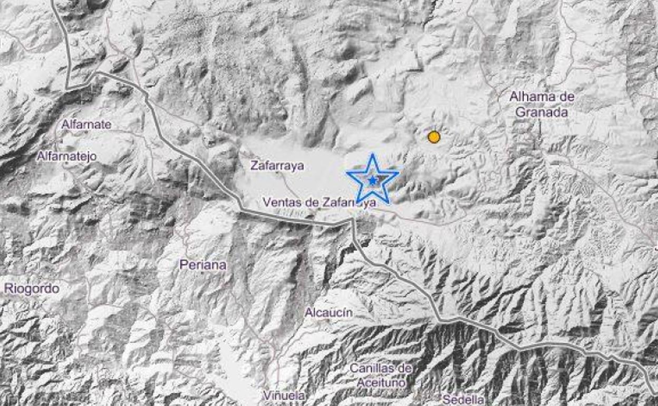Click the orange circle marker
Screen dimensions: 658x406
(x=434, y=137)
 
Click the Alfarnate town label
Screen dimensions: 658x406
(x=86, y=124)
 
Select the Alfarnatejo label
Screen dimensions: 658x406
(x=66, y=156)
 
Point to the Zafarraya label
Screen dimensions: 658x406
(x=277, y=166)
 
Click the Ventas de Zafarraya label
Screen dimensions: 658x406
(x=319, y=202)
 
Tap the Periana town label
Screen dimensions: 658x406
(x=203, y=265)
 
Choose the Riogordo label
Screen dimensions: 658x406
(x=32, y=288)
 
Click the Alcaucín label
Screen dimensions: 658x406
(x=328, y=313)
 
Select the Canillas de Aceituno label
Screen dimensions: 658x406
(x=381, y=375)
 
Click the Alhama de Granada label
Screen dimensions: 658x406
(x=541, y=104)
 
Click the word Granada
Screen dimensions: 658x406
(x=541, y=112)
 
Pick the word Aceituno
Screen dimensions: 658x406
(x=381, y=382)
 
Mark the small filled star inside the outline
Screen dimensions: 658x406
(x=373, y=181)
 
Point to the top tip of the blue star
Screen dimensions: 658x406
(x=373, y=155)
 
